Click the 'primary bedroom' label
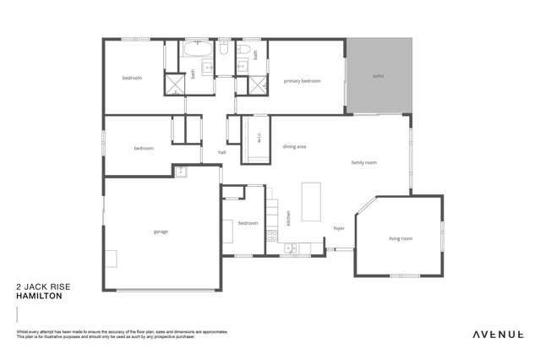click(302, 80)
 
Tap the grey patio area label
click(378, 76)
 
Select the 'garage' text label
click(161, 231)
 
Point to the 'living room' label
click(400, 238)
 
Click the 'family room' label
click(363, 162)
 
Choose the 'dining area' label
click(294, 146)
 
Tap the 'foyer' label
click(338, 228)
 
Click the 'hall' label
click(221, 152)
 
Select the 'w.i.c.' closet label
click(259, 137)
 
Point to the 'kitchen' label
click(288, 217)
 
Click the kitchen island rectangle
click(311, 201)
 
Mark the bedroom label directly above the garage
click(144, 148)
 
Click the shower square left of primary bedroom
click(254, 86)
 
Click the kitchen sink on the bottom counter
click(289, 248)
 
